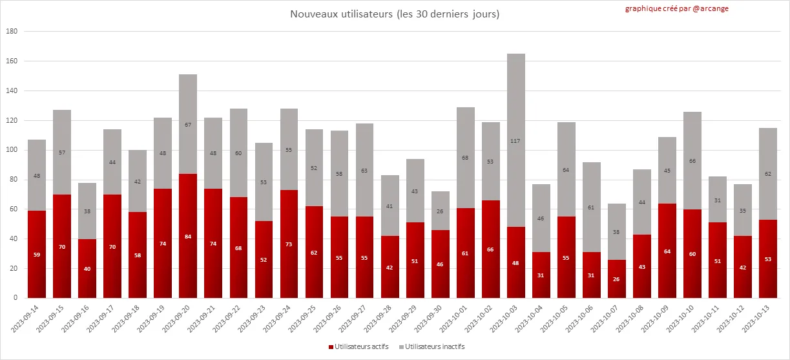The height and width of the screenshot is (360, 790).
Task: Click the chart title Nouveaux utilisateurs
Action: (395, 14)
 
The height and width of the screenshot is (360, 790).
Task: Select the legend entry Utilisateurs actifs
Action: (361, 347)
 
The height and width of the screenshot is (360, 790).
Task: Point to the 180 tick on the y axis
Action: (12, 31)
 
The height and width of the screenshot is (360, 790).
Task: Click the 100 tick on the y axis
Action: (12, 150)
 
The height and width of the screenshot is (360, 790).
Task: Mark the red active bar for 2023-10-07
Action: (617, 279)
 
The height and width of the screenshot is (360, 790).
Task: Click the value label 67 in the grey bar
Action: (188, 124)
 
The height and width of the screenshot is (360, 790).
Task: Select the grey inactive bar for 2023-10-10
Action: (692, 160)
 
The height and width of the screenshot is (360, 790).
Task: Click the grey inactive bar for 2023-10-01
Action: (466, 158)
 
